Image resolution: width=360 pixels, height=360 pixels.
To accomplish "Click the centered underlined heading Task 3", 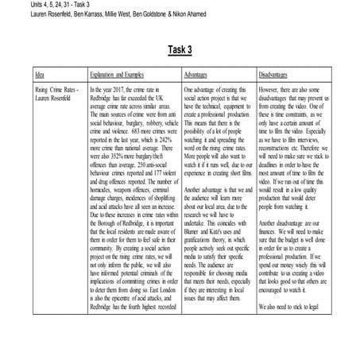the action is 180,49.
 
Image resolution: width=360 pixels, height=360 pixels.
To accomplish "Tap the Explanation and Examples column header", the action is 122,75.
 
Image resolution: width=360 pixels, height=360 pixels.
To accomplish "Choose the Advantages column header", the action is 199,75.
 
